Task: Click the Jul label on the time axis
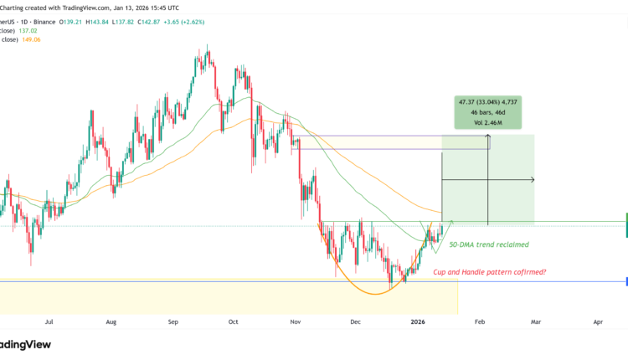coord(49,321)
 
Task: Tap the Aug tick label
coord(111,321)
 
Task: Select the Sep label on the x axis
coord(174,321)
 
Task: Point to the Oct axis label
coord(234,321)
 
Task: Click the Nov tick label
coord(295,321)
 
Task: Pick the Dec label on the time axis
coord(355,321)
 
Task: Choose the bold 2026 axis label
coord(418,321)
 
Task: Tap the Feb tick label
coord(480,321)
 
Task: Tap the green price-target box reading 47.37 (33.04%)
coord(481,111)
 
